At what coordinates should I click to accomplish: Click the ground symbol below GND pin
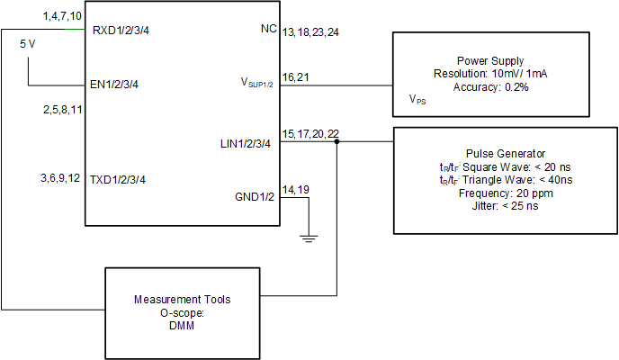[309, 238]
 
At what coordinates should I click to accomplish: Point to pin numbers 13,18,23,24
[310, 31]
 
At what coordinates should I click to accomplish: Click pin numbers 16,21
[296, 77]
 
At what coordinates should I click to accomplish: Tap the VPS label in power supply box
[417, 100]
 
